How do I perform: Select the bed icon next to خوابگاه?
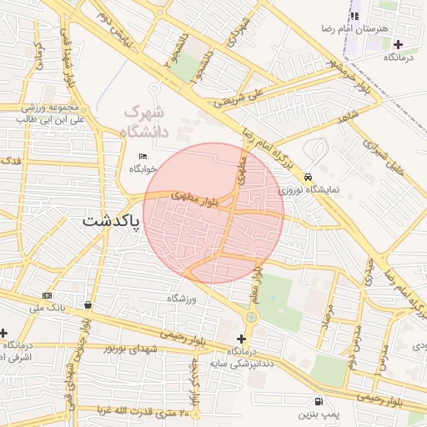(x=143, y=156)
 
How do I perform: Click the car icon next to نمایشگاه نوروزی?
(x=309, y=177)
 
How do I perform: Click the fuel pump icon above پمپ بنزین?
(x=318, y=400)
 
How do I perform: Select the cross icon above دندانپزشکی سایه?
(x=242, y=339)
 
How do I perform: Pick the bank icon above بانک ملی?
(x=47, y=295)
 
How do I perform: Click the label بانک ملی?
(x=47, y=309)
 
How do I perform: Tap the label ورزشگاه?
(x=180, y=298)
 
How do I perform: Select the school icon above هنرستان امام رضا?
(x=354, y=16)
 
